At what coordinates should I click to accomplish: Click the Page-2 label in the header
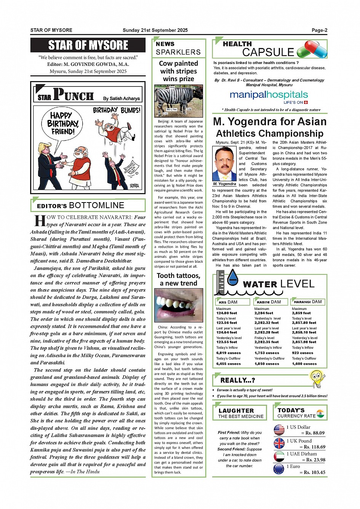click(319, 30)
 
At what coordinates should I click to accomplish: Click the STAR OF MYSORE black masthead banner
click(88, 45)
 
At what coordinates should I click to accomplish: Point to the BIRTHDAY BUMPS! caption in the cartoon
click(117, 110)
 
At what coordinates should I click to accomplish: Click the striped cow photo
click(178, 101)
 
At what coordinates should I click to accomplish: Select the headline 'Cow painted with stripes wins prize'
click(178, 71)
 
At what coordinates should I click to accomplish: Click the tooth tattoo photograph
click(178, 305)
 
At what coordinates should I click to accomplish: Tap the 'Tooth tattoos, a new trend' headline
click(178, 279)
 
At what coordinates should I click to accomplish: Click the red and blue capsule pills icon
click(312, 50)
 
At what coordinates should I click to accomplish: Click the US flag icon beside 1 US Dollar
click(279, 430)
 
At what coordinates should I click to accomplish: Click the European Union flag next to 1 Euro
click(279, 469)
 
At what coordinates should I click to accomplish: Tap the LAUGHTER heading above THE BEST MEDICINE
click(236, 410)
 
